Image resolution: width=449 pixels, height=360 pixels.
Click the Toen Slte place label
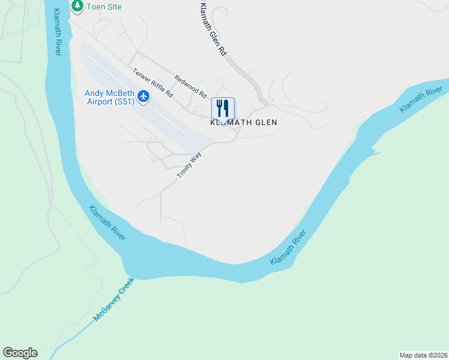pos(104,6)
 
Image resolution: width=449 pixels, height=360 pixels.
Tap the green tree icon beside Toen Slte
pos(77,6)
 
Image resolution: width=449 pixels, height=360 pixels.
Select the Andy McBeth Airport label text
pos(109,97)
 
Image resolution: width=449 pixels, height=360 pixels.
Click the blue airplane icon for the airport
pos(143,95)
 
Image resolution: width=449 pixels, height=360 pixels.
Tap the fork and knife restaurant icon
pos(223,108)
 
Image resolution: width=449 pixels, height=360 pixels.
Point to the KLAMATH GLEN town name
pos(243,122)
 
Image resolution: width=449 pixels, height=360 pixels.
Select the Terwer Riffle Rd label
pos(152,83)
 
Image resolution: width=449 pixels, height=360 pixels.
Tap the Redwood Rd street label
pos(190,86)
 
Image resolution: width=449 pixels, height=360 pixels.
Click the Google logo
pos(20,353)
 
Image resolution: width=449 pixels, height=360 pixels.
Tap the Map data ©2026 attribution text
pos(423,355)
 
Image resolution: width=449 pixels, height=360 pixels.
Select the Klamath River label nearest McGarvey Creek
pos(107,223)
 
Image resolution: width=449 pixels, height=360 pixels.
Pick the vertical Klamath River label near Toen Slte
pos(56,32)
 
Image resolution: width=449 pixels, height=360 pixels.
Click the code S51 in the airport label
pos(124,102)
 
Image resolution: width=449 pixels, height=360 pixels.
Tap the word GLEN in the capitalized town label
pos(265,122)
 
